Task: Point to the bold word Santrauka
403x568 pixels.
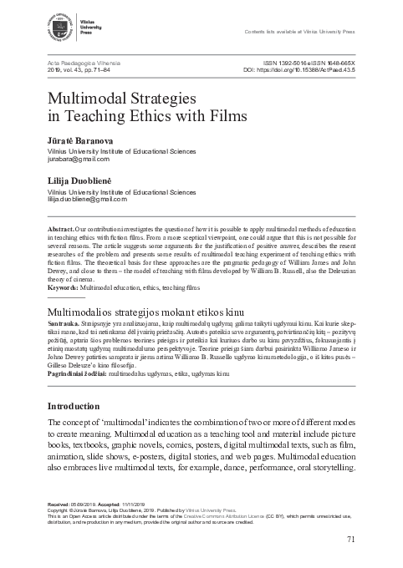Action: click(62, 321)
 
